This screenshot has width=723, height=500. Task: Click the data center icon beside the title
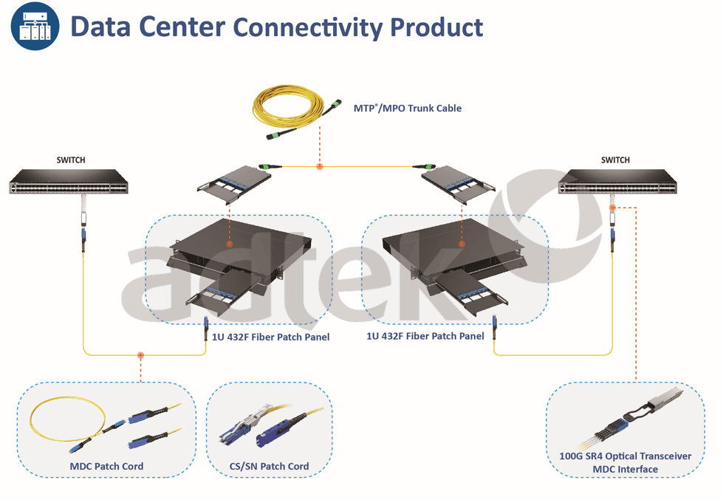(x=35, y=27)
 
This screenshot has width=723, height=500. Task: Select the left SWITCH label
(x=71, y=160)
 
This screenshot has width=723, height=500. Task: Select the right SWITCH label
(x=615, y=160)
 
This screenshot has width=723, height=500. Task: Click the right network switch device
(x=616, y=182)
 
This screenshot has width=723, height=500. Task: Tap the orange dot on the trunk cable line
(x=319, y=166)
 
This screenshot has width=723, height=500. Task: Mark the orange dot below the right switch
(x=612, y=208)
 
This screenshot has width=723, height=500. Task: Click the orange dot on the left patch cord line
(x=141, y=355)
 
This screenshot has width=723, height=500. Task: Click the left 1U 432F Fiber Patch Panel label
(x=266, y=337)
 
